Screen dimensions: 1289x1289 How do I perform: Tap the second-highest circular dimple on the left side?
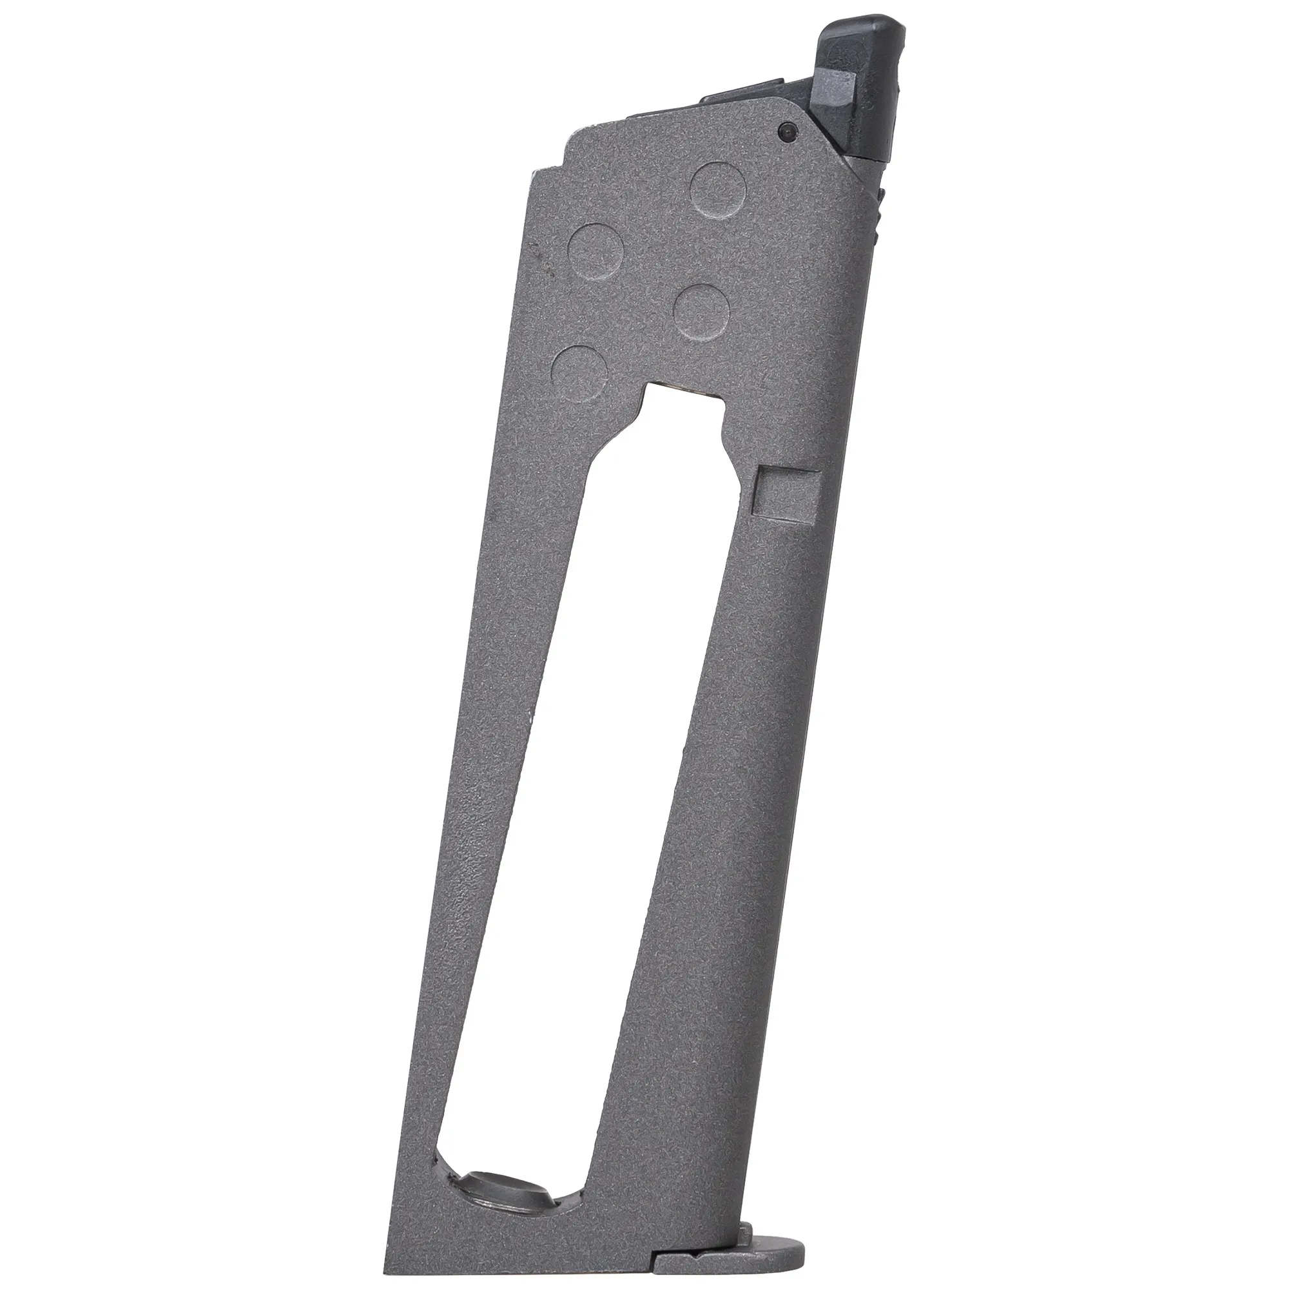595,250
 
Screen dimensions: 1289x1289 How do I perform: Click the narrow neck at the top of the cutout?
681,414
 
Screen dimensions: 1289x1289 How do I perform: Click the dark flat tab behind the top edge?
734,99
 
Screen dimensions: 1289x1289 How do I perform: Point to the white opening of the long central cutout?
574,800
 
